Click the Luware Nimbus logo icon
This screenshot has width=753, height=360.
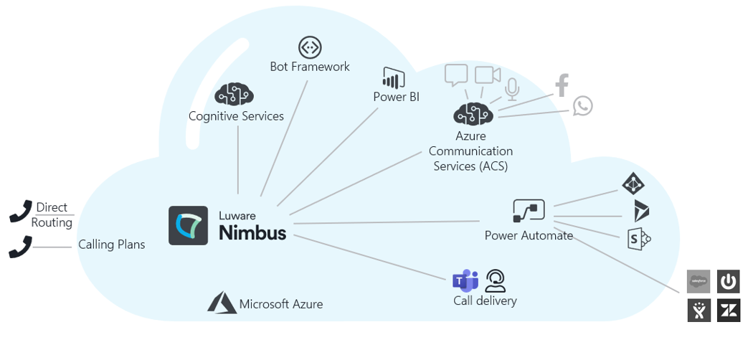pyautogui.click(x=188, y=226)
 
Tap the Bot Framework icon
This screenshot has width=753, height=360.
pyautogui.click(x=310, y=47)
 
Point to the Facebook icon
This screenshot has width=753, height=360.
pyautogui.click(x=562, y=85)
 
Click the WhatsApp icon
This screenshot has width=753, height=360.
pyautogui.click(x=582, y=106)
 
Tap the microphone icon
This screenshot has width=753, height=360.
pyautogui.click(x=511, y=88)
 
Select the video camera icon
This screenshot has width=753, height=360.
pyautogui.click(x=487, y=75)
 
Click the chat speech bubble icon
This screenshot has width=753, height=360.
pyautogui.click(x=456, y=75)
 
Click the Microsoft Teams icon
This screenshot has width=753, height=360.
pyautogui.click(x=465, y=281)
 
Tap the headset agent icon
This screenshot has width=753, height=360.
pyautogui.click(x=496, y=280)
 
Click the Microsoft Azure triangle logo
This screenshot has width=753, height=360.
pyautogui.click(x=222, y=303)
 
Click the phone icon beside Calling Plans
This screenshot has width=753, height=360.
pyautogui.click(x=20, y=247)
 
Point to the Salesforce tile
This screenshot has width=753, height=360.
pyautogui.click(x=698, y=281)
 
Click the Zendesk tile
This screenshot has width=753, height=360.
pyautogui.click(x=729, y=311)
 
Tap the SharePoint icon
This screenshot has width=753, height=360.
pyautogui.click(x=638, y=237)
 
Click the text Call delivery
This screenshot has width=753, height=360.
pyautogui.click(x=485, y=300)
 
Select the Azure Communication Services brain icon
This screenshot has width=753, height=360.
pyautogui.click(x=473, y=113)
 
